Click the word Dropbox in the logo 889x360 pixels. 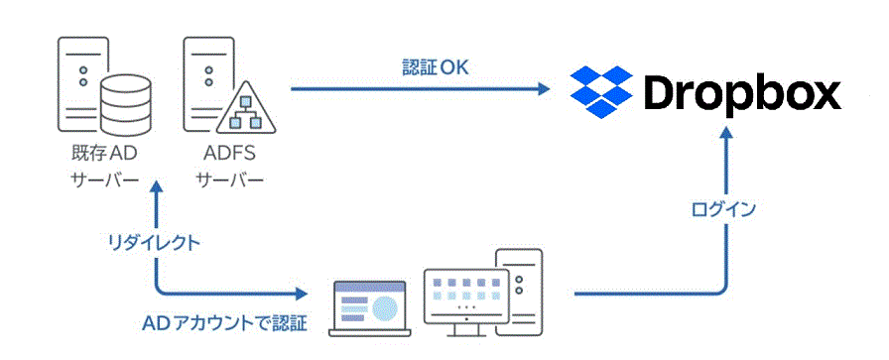click(742, 93)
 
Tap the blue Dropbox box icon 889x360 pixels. click(601, 90)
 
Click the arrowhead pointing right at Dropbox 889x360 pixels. click(543, 89)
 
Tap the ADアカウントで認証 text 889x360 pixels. click(225, 323)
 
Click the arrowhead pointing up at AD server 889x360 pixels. click(156, 189)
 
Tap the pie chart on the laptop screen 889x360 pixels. click(391, 304)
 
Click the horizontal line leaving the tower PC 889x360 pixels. click(645, 295)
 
